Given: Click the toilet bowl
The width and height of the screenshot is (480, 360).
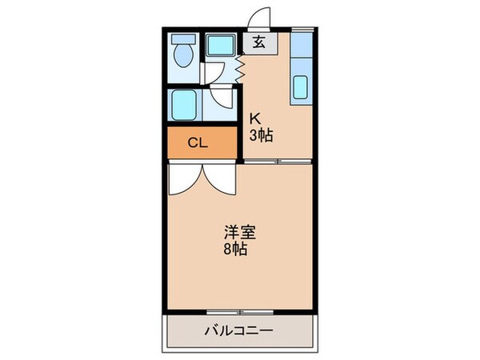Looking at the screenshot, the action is [183, 55].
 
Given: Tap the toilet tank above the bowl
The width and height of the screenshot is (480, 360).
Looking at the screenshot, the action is [183, 38].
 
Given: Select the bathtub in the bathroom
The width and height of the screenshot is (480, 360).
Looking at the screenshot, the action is [183, 105].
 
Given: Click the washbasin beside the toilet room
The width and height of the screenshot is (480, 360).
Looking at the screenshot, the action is [221, 45].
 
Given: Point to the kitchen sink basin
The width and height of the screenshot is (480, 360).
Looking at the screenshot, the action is [300, 87].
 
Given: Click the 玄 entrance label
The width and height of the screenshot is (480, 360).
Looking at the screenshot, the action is [259, 43].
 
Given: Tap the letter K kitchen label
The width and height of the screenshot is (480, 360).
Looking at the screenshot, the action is [255, 118].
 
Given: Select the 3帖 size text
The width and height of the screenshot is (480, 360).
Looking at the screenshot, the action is [261, 135].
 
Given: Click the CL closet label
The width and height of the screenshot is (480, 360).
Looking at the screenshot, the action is [198, 142].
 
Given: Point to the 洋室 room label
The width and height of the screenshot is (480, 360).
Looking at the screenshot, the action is [240, 233].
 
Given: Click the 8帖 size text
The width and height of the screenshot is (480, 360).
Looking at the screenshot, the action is [235, 249].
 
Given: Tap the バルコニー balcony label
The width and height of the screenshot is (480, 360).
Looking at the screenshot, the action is [239, 330].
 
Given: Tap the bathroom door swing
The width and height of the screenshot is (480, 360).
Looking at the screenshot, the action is [222, 98].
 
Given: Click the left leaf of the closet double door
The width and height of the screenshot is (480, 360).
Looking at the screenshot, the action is [186, 179].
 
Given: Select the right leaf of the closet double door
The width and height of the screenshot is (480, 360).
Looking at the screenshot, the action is [220, 179].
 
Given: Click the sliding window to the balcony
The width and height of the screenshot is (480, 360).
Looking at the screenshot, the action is [240, 312].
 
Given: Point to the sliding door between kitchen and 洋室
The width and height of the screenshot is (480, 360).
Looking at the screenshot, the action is [278, 162].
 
